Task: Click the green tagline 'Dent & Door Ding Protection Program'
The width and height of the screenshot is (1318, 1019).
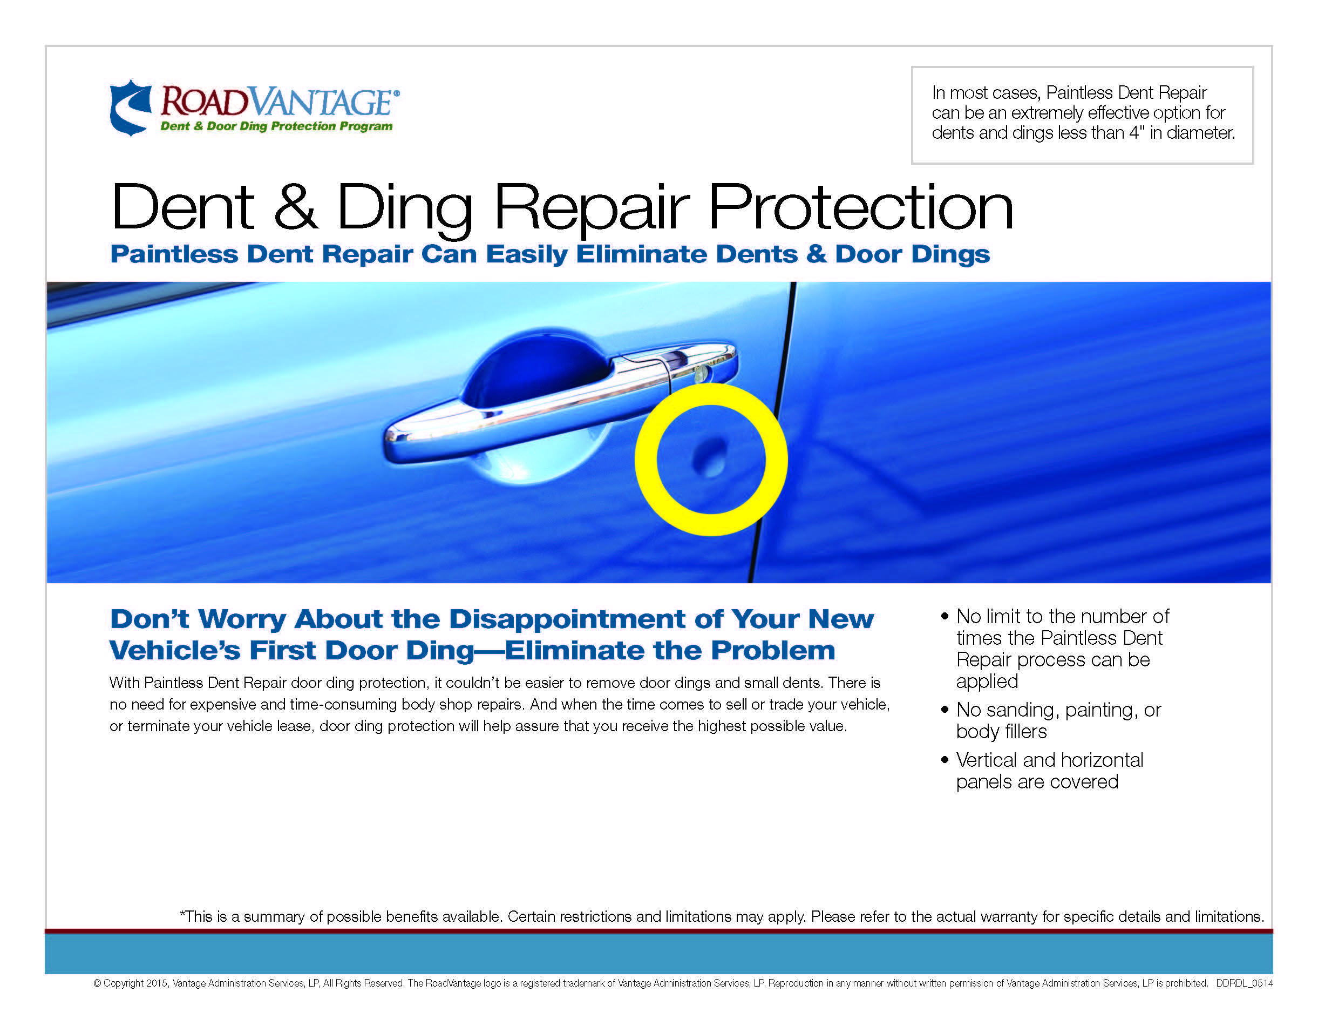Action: click(276, 126)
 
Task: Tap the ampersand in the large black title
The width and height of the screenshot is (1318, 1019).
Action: click(296, 206)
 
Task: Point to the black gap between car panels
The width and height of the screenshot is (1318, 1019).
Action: click(773, 432)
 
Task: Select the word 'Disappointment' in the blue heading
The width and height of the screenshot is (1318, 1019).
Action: click(566, 619)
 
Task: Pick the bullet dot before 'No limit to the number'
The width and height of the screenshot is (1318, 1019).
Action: click(945, 616)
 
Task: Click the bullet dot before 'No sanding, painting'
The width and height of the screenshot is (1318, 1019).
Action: click(945, 710)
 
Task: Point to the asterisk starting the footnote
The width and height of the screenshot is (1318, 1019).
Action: click(183, 913)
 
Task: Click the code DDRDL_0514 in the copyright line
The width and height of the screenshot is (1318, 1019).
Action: click(1245, 983)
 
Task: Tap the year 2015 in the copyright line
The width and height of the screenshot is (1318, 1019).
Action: click(157, 983)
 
